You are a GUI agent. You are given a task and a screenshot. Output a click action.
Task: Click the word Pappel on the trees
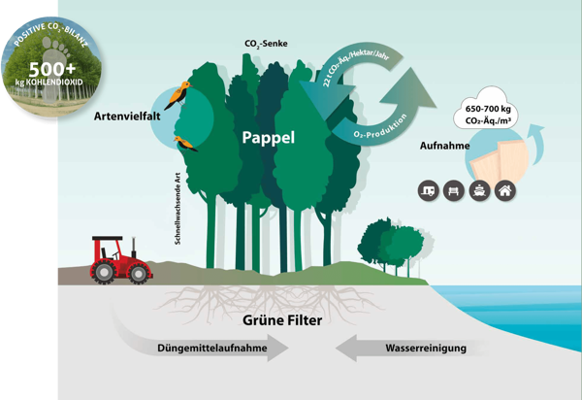pyautogui.click(x=268, y=139)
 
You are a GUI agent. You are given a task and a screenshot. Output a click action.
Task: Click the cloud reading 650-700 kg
pyautogui.click(x=491, y=117)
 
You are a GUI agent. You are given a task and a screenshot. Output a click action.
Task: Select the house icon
pyautogui.click(x=504, y=190)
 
